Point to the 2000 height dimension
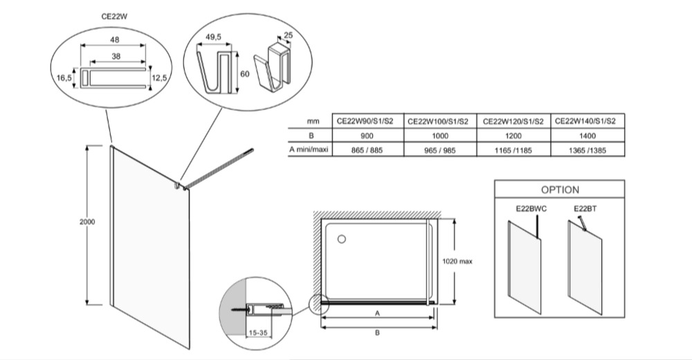pyautogui.click(x=87, y=222)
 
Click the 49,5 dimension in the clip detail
pyautogui.click(x=213, y=36)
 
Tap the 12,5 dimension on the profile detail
pyautogui.click(x=161, y=79)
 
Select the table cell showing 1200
pyautogui.click(x=513, y=136)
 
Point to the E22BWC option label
pyautogui.click(x=532, y=207)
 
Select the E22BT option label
pyautogui.click(x=585, y=207)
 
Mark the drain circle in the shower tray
pyautogui.click(x=341, y=240)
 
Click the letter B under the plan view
pyautogui.click(x=377, y=333)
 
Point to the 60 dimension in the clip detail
pyautogui.click(x=243, y=73)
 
